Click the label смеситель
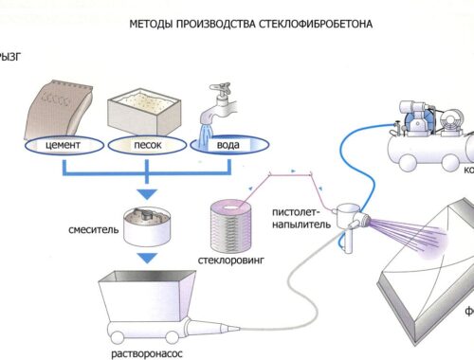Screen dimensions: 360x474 91,231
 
